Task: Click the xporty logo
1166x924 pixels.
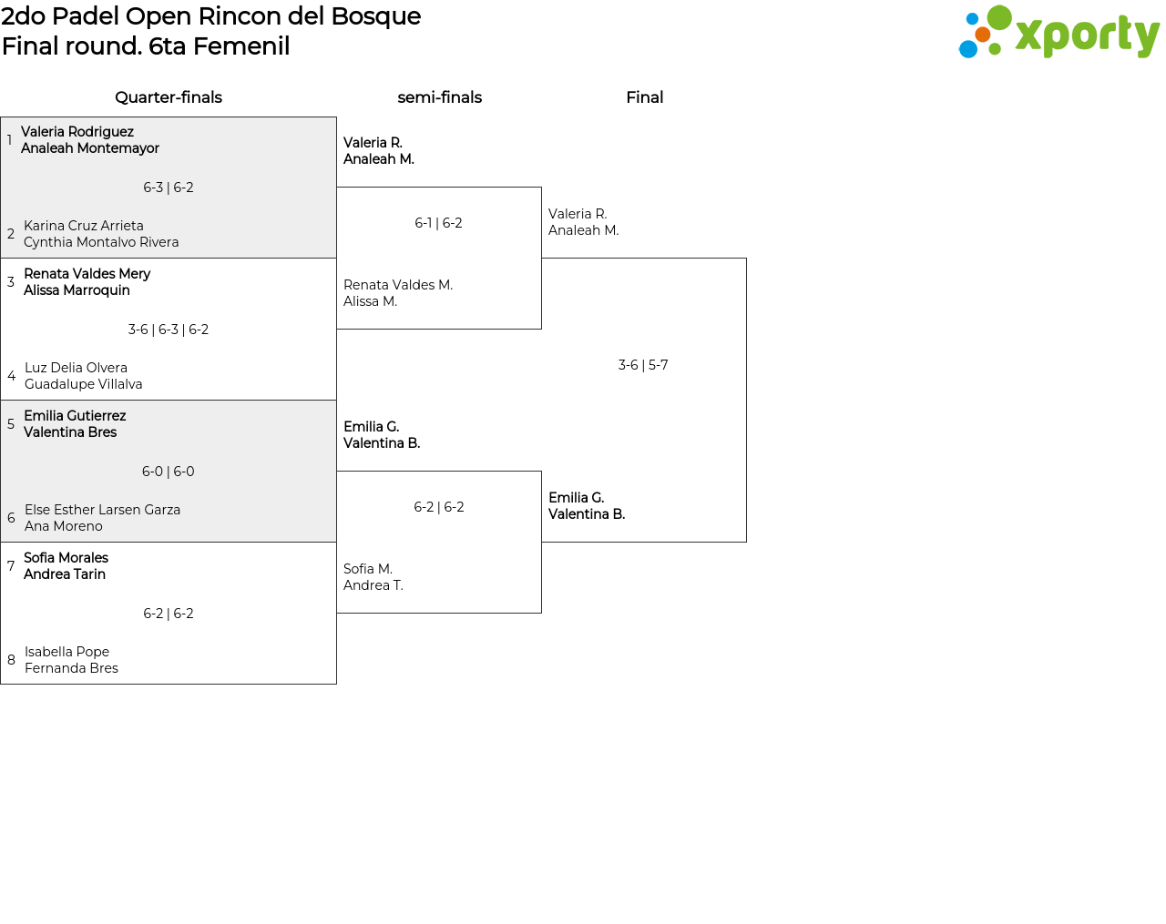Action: pyautogui.click(x=1059, y=34)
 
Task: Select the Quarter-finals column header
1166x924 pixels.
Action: pyautogui.click(x=169, y=97)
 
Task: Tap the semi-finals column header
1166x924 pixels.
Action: pyautogui.click(x=439, y=97)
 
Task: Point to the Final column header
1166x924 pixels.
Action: pyautogui.click(x=644, y=97)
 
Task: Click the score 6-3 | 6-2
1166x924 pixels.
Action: pyautogui.click(x=169, y=188)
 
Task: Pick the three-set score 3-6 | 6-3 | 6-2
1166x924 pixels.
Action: pyautogui.click(x=169, y=330)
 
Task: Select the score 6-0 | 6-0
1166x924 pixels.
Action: pyautogui.click(x=169, y=472)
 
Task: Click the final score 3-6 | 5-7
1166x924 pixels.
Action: pyautogui.click(x=643, y=365)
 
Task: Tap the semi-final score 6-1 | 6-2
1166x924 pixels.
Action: pyautogui.click(x=438, y=223)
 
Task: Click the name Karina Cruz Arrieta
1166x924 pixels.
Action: pyautogui.click(x=84, y=226)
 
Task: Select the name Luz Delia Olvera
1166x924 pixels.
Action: pyautogui.click(x=76, y=368)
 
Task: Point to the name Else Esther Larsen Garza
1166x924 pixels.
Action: pyautogui.click(x=102, y=510)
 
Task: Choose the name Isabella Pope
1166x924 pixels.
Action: pyautogui.click(x=66, y=652)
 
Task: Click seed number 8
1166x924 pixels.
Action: pyautogui.click(x=11, y=660)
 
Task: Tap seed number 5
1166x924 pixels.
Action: pyautogui.click(x=11, y=424)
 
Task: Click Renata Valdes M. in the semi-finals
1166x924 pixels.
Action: pyautogui.click(x=398, y=285)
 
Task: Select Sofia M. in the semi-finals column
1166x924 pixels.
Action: pyautogui.click(x=368, y=569)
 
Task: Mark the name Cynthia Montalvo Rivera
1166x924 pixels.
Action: pyautogui.click(x=101, y=242)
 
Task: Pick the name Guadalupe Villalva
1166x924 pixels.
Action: pyautogui.click(x=83, y=384)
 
